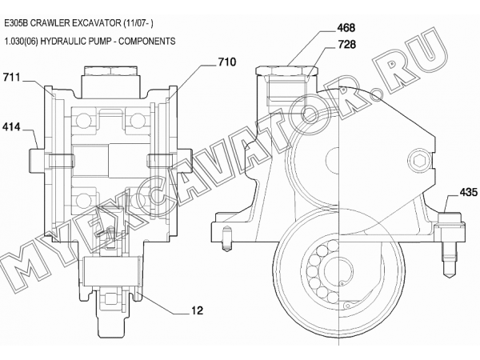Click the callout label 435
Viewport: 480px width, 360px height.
coord(467,193)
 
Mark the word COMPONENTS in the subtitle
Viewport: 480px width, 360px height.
coord(150,39)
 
